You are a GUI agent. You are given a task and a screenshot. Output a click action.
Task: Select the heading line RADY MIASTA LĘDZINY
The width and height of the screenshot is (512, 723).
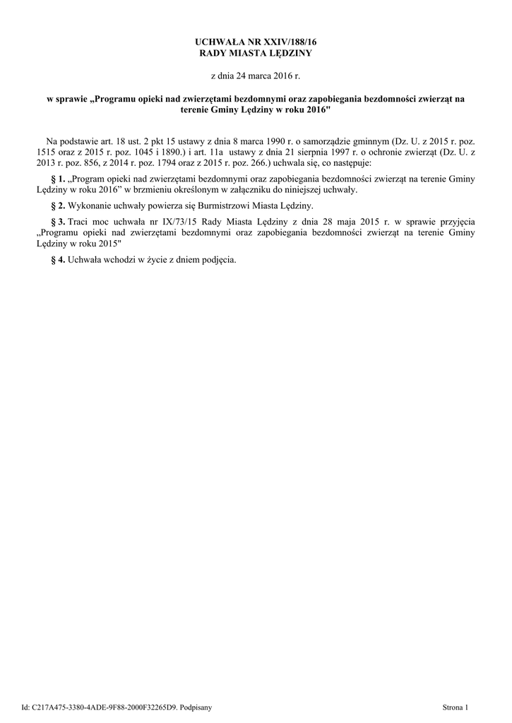point(256,53)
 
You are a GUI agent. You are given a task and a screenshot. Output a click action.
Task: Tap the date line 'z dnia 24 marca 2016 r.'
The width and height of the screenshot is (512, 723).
point(256,74)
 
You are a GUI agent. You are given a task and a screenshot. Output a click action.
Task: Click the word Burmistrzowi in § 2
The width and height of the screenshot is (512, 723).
point(209,205)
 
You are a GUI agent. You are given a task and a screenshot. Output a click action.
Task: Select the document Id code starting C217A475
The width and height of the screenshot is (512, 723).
point(100,707)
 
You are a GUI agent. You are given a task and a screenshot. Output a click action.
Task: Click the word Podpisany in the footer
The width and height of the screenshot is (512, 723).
point(196,707)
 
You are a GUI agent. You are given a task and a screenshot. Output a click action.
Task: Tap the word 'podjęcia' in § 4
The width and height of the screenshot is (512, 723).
point(220,259)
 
